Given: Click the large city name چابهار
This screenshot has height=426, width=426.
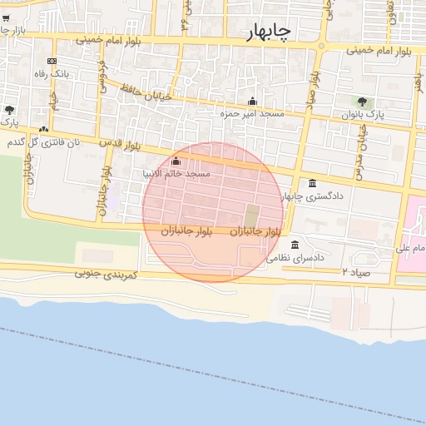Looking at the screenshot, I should [x=269, y=32].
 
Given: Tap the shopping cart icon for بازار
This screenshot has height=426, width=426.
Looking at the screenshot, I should [x=6, y=17].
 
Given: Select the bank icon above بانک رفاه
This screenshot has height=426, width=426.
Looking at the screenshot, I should [x=52, y=61].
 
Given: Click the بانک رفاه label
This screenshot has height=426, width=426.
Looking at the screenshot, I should [x=51, y=74].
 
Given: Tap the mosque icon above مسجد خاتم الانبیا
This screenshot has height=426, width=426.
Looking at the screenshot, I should [x=176, y=161].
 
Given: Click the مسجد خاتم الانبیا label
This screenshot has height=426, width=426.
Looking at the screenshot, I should [x=176, y=174].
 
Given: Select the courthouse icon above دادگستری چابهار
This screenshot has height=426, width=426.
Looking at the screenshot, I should [x=312, y=184].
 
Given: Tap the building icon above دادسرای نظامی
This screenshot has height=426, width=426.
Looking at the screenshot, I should [x=295, y=245].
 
